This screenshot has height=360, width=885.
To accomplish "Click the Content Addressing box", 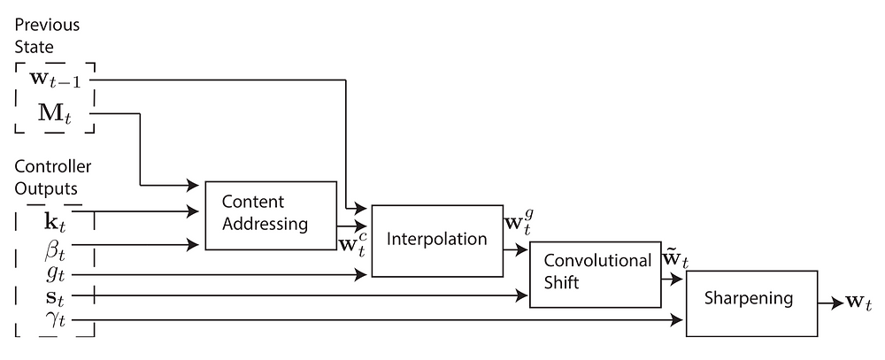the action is click(271, 216).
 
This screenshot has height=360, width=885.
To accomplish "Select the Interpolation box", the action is click(437, 241).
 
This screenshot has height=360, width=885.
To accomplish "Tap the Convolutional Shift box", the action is click(595, 274).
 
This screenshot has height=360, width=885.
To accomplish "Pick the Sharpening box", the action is click(751, 303).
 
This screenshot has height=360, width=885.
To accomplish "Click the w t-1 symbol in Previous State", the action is click(55, 80).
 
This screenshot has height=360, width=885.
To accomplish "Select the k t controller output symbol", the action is click(55, 220).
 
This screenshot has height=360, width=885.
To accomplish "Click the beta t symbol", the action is click(55, 249).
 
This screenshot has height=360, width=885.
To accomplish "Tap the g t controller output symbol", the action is click(55, 275).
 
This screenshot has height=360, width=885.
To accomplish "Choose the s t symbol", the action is click(55, 295).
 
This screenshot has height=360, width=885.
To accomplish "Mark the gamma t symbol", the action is click(55, 320).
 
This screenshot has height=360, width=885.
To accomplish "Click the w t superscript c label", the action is click(353, 244).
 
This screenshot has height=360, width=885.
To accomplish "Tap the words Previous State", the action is click(47, 35).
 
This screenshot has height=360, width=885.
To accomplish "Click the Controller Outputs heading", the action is click(52, 177).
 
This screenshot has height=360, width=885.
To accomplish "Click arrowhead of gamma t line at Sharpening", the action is click(676, 320).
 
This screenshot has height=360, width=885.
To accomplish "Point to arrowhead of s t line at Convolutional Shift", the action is click(521, 295).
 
